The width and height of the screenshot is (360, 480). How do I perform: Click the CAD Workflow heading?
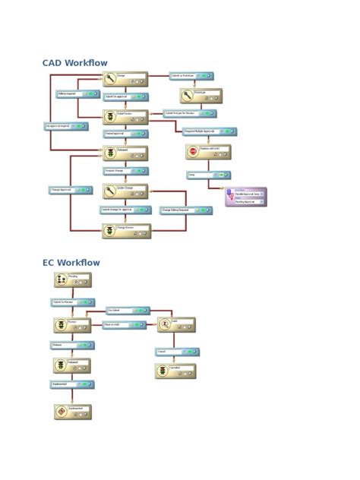[x=74, y=63]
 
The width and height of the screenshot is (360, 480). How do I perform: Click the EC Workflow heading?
[x=71, y=263]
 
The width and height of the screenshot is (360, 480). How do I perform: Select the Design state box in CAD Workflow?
[x=125, y=79]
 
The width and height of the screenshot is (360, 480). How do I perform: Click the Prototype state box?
[x=201, y=96]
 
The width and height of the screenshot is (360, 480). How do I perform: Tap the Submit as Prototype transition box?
[x=191, y=76]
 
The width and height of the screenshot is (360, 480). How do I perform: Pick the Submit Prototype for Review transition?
[x=189, y=114]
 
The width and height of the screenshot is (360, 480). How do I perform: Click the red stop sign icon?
[x=193, y=152]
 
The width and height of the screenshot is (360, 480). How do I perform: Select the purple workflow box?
[x=245, y=197]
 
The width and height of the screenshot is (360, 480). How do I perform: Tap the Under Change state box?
[x=125, y=191]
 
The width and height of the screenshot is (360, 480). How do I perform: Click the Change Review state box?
[x=126, y=231]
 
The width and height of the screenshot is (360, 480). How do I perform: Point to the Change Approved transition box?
[x=71, y=190]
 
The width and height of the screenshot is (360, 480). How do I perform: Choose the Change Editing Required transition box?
[x=185, y=210]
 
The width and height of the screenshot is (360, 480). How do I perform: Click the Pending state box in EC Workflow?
[x=73, y=280]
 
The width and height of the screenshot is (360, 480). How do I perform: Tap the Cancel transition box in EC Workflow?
[x=176, y=352]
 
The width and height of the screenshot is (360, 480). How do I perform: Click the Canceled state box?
[x=175, y=371]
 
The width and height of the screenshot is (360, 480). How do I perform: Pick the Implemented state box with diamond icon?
[x=73, y=412]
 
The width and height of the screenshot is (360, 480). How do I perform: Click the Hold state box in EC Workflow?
[x=175, y=325]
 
